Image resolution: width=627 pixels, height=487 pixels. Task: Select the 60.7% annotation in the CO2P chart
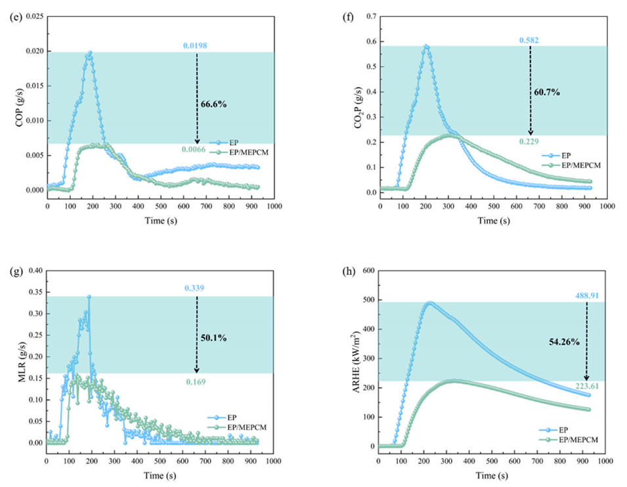[546, 93]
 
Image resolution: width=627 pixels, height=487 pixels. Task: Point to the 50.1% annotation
[214, 337]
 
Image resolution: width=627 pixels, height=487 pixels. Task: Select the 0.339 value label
[196, 287]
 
